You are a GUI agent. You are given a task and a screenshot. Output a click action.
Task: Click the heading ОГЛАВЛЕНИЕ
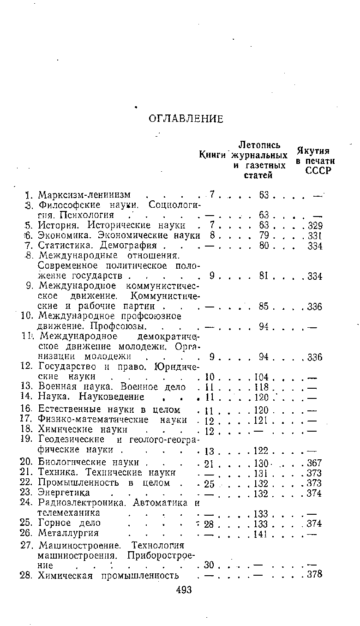[x=186, y=119]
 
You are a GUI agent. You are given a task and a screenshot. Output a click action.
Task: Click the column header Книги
[x=213, y=154]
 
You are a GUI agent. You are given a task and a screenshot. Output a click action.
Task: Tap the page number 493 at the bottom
[x=184, y=590]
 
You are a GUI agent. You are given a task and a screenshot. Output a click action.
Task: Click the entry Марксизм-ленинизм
[x=84, y=194]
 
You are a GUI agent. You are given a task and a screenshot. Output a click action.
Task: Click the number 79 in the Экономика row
[x=264, y=236]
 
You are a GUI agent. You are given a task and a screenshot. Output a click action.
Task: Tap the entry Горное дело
[x=69, y=523]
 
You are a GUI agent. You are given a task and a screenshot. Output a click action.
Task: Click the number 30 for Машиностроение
[x=210, y=565]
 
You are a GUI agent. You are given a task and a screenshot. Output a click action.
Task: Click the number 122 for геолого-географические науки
[x=262, y=450]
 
